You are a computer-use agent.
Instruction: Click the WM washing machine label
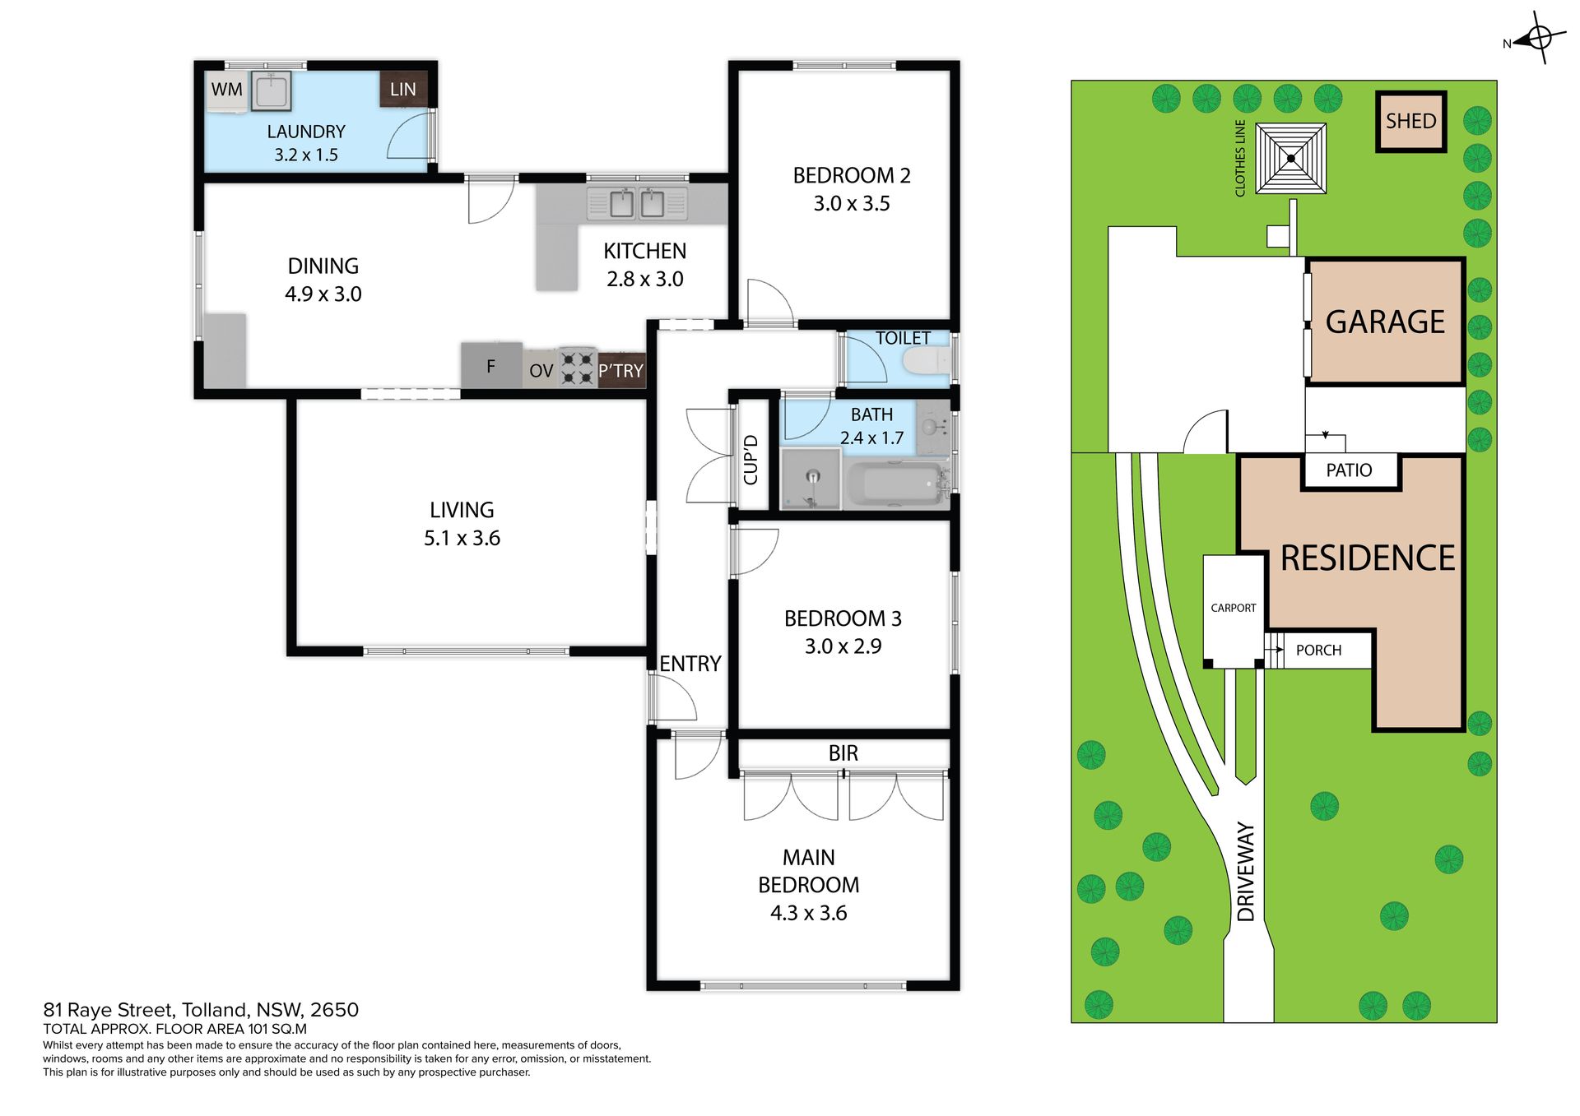tap(227, 90)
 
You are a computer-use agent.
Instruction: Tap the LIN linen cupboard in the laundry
tap(403, 90)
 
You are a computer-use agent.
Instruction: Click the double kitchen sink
tap(637, 203)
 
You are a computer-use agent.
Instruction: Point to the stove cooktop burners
tap(577, 368)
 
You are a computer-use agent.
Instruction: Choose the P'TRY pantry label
tap(620, 371)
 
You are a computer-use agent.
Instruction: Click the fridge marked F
tap(491, 365)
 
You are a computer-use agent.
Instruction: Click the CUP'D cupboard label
tap(750, 460)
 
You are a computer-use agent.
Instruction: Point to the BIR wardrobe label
tap(843, 753)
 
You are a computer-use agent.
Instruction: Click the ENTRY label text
tap(690, 664)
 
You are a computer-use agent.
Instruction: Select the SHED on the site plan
tap(1411, 122)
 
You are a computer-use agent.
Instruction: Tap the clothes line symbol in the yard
tap(1291, 159)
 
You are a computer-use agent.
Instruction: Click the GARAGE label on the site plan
tap(1385, 322)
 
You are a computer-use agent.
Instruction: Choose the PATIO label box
tap(1350, 471)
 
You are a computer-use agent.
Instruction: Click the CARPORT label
tap(1234, 609)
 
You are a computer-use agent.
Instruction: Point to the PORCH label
tap(1318, 651)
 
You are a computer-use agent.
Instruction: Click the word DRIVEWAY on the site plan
tap(1246, 872)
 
